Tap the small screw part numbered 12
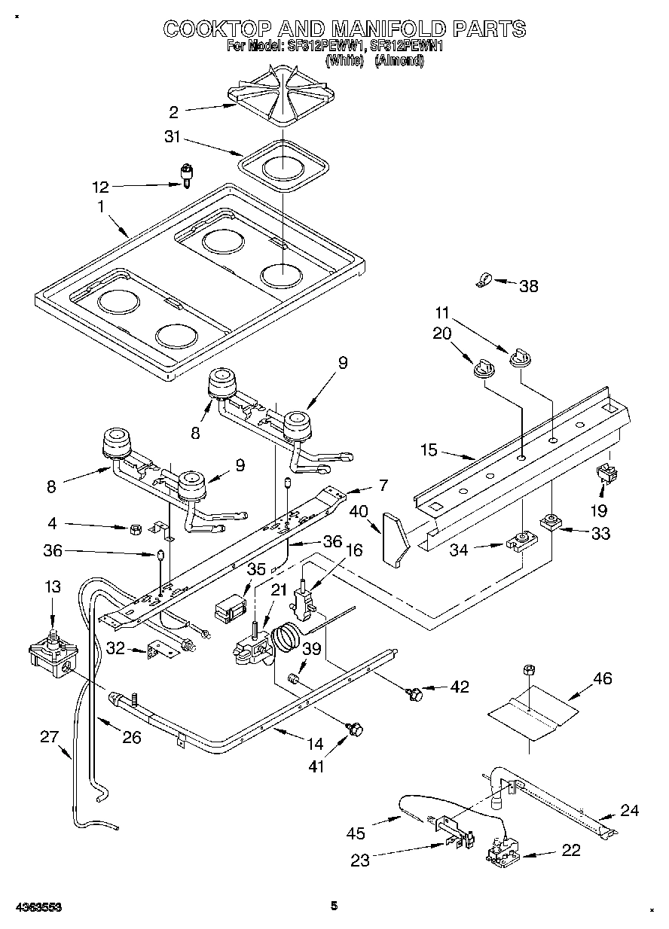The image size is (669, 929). [184, 175]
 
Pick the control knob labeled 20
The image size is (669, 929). [481, 367]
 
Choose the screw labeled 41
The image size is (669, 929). [354, 728]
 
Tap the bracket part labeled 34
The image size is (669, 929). [520, 541]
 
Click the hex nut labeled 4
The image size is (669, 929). [136, 528]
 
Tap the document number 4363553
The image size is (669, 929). [35, 907]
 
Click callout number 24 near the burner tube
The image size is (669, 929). [629, 810]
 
